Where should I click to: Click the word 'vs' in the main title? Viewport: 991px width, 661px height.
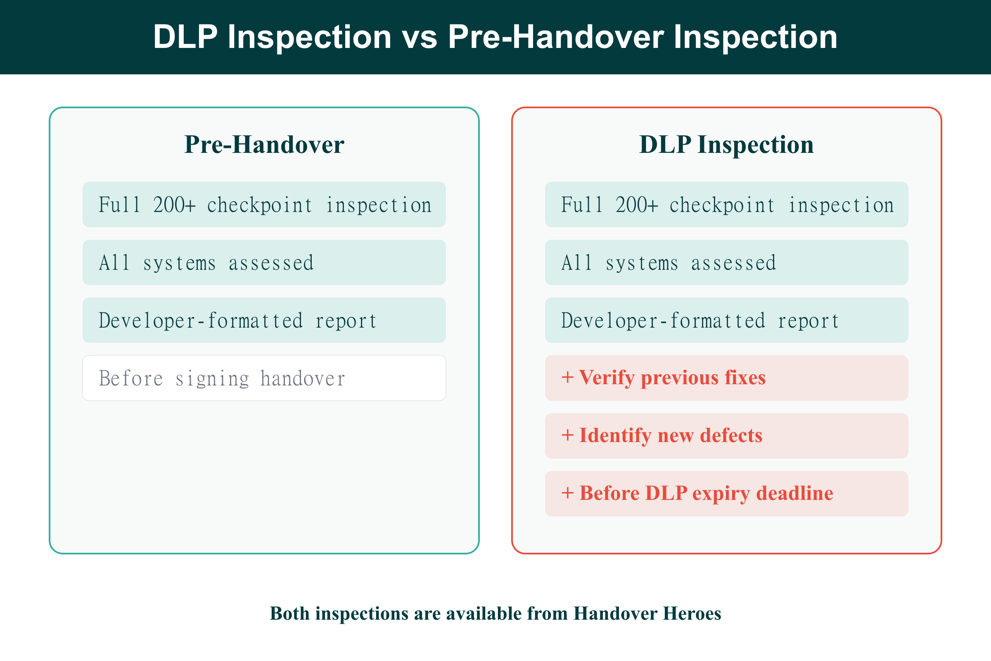point(419,37)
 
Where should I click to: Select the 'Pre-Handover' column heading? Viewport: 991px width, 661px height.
point(264,145)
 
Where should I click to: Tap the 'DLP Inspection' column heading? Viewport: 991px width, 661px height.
point(726,145)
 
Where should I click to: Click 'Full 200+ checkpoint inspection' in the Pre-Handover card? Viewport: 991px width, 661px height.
point(264,205)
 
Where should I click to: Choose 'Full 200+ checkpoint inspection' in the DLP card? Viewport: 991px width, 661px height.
point(726,205)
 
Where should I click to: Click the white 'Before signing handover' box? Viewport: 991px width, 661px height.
point(264,378)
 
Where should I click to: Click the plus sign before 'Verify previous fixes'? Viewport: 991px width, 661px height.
point(567,378)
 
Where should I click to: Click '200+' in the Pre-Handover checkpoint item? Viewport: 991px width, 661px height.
point(174,205)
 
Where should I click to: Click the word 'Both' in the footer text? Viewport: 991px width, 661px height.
point(289,613)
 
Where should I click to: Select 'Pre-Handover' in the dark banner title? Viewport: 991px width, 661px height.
point(555,37)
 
